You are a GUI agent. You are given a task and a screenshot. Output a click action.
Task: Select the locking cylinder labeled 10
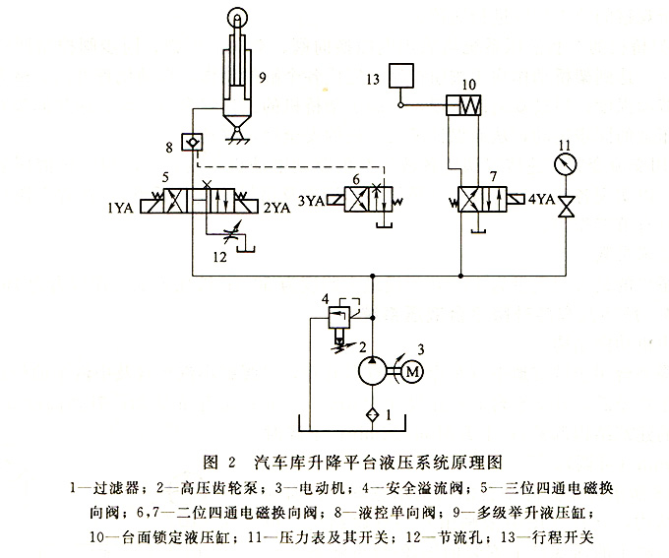461,104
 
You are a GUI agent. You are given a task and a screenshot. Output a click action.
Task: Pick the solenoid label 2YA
277,207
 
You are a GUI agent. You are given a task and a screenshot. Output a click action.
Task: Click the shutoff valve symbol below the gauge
566,208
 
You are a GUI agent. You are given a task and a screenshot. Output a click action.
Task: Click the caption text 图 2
218,461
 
